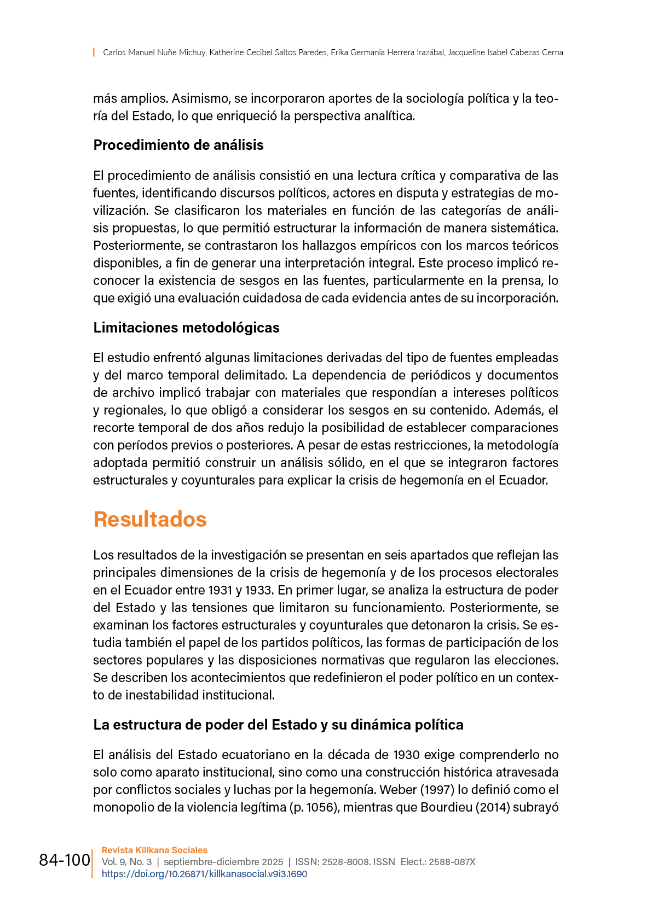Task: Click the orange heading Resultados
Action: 150,519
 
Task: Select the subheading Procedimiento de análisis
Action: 178,145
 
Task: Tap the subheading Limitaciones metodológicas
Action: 186,328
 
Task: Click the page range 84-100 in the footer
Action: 65,860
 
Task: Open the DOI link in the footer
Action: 204,874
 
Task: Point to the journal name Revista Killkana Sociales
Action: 154,850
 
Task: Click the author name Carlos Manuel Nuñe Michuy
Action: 154,53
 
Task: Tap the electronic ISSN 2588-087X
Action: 452,862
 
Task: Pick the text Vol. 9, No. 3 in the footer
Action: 126,862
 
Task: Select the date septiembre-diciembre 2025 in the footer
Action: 223,862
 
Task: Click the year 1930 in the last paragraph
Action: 406,755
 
